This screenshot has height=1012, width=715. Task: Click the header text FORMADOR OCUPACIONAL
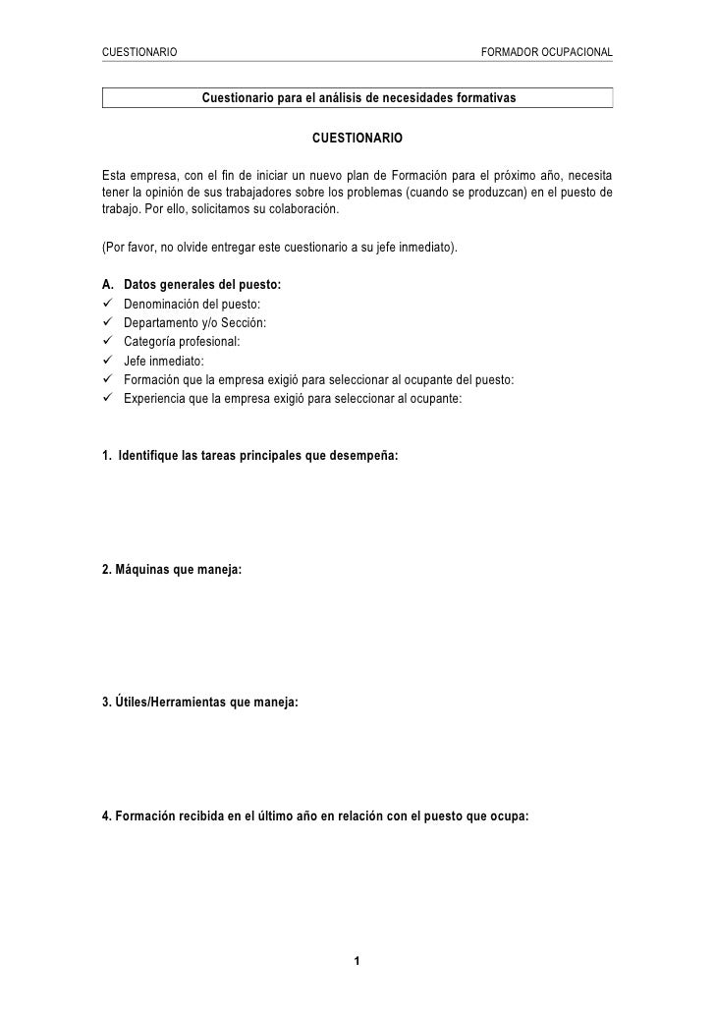coord(546,50)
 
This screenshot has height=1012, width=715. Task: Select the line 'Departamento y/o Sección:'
coord(193,323)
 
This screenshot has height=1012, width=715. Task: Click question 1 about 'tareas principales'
coord(250,457)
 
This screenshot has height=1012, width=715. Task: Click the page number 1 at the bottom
coord(357,960)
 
